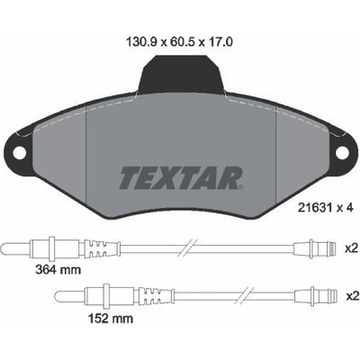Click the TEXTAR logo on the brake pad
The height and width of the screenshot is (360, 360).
[x=181, y=178]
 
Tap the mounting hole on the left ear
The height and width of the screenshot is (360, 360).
[x=20, y=154]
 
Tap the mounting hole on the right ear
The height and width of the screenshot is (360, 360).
[x=341, y=154]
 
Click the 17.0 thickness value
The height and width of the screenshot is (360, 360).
[x=220, y=42]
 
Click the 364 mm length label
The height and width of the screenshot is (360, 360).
[x=58, y=270]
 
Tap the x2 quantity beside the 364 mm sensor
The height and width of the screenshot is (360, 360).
[x=351, y=248]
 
